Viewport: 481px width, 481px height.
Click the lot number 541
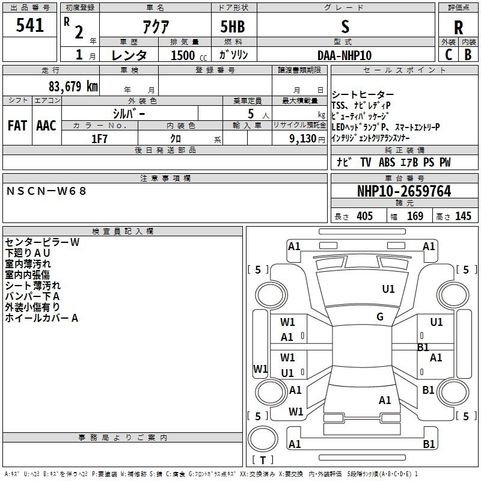tap(30, 26)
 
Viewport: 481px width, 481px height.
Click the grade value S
tap(345, 26)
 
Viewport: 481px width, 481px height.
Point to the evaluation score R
tap(459, 28)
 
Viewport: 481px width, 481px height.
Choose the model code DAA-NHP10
tap(345, 55)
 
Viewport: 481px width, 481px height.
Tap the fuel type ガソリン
tap(234, 55)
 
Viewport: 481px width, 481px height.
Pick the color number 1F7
tap(99, 138)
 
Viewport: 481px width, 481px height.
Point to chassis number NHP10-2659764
tap(403, 191)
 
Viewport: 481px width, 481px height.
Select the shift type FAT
tap(17, 126)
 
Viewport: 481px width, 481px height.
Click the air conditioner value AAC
tap(46, 126)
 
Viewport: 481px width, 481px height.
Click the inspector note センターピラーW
tap(42, 242)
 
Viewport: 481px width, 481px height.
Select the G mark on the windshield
tap(380, 317)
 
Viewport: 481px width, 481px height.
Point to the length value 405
tap(364, 216)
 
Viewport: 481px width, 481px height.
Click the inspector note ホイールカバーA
tap(41, 318)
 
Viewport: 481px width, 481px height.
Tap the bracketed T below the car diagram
tap(262, 461)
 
